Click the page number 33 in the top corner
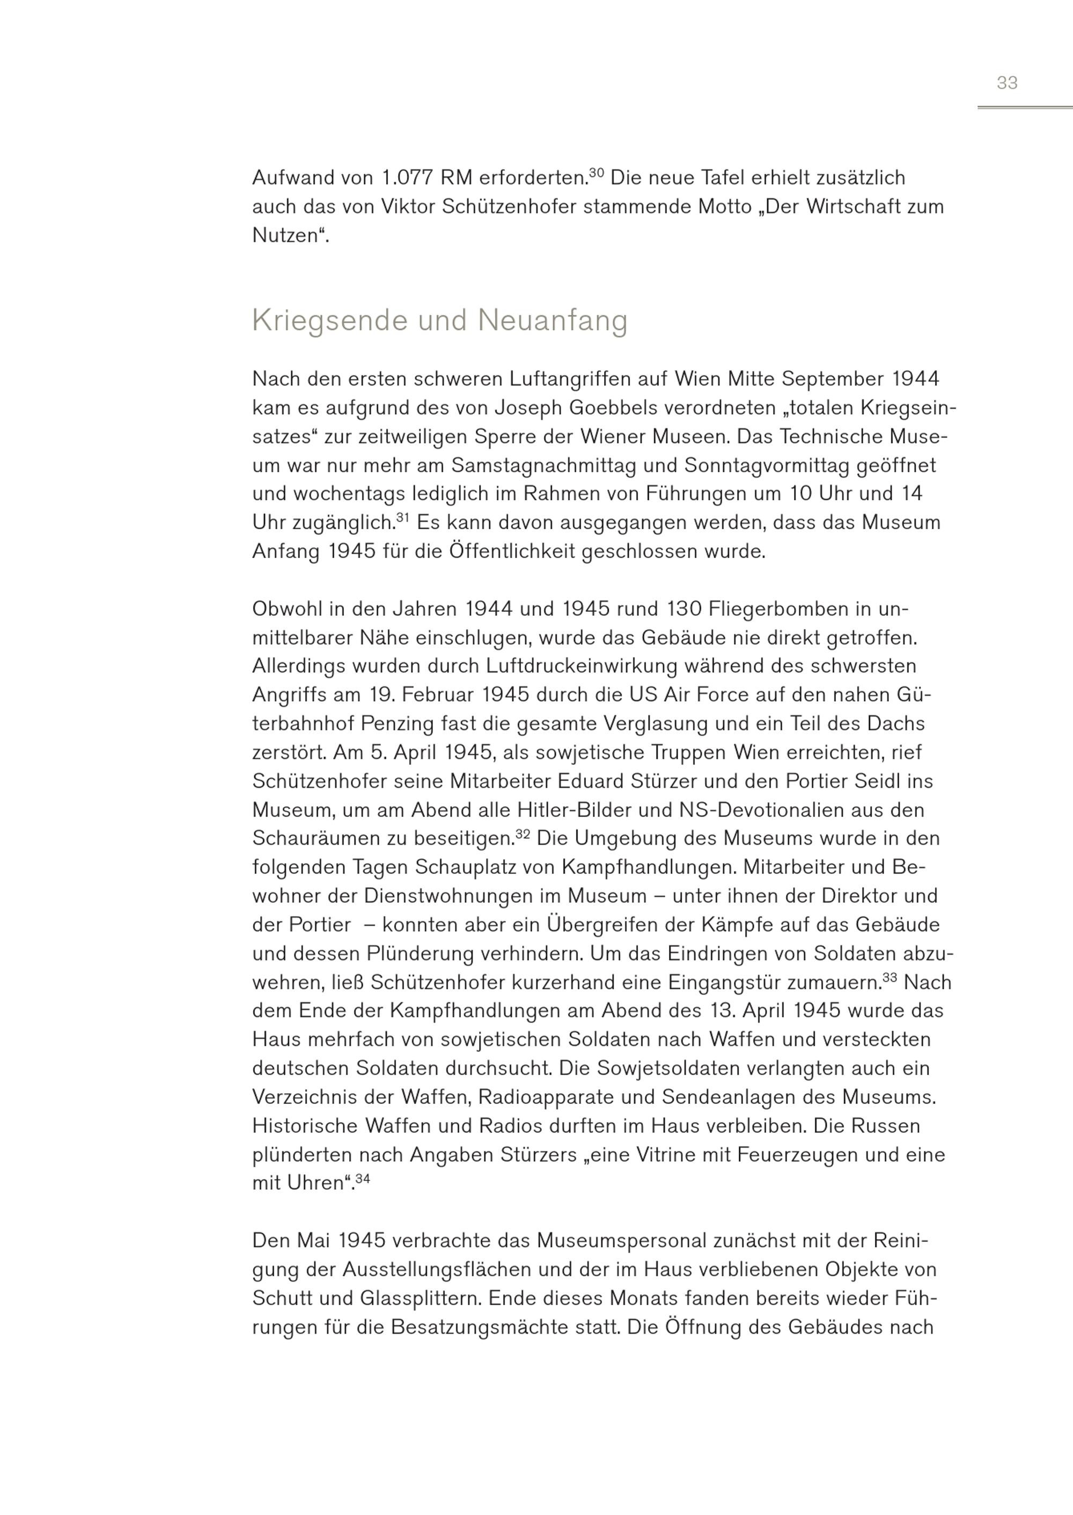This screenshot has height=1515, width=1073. click(x=1007, y=83)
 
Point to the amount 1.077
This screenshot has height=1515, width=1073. click(x=408, y=178)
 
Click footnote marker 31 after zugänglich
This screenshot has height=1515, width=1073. click(x=402, y=517)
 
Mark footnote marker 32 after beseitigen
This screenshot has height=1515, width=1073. click(x=523, y=834)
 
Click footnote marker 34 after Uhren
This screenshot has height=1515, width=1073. click(x=362, y=1179)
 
